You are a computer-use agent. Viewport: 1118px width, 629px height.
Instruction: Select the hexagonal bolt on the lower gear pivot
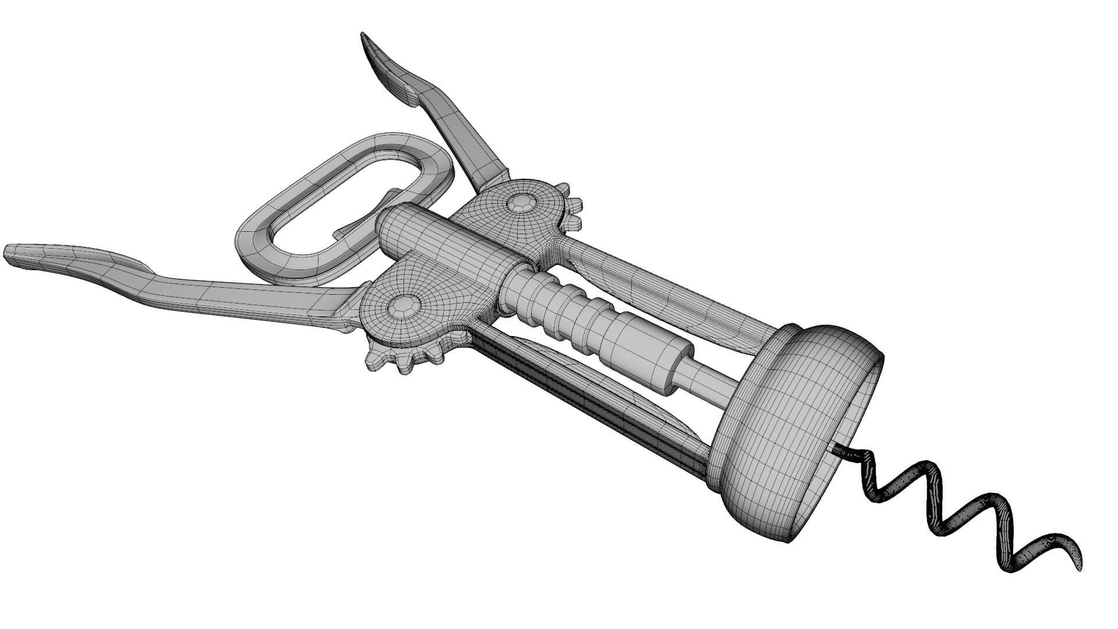click(404, 305)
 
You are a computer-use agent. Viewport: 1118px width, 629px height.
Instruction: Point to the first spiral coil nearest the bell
click(873, 483)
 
